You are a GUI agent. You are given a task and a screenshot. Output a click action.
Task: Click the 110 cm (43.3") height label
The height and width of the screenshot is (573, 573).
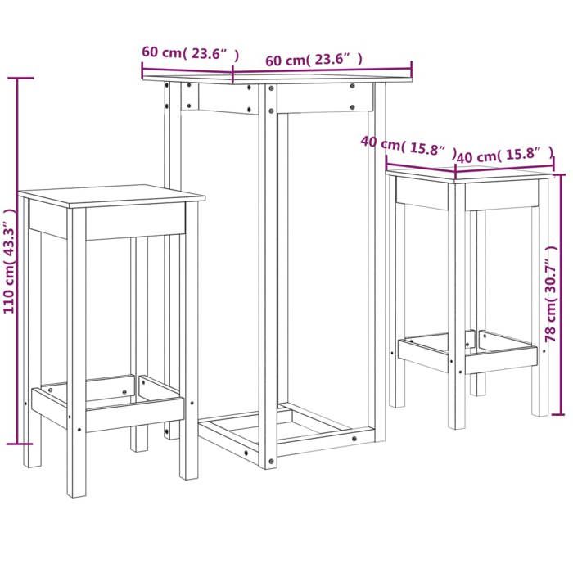click(x=10, y=260)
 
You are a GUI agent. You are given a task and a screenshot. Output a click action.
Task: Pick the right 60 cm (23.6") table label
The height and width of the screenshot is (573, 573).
click(x=314, y=60)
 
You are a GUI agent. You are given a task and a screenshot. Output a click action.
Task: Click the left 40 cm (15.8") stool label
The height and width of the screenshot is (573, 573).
click(x=407, y=147)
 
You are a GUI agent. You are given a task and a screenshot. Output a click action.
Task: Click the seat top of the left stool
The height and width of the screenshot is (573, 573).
click(x=111, y=198)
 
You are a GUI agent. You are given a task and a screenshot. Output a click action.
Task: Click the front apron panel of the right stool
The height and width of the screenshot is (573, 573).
click(x=422, y=192)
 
